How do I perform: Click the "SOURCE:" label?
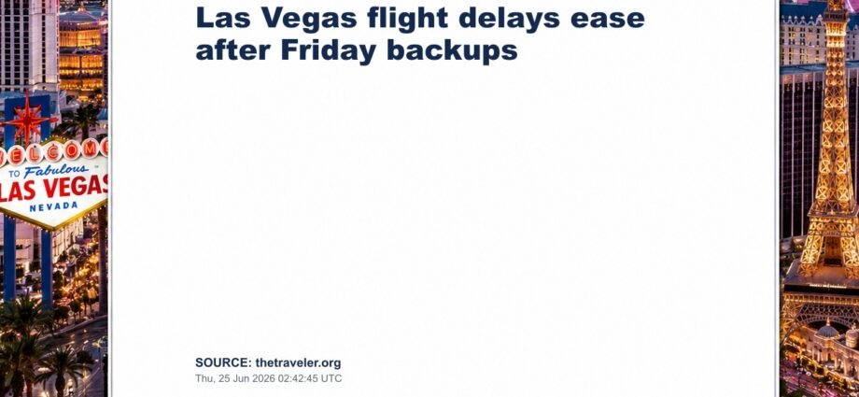[223, 363]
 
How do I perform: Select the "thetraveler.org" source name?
[298, 363]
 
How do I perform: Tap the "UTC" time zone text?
[334, 378]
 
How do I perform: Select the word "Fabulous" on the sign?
[55, 171]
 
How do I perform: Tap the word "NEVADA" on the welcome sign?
[54, 206]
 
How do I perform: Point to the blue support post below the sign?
[9, 258]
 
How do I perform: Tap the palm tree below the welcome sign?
[21, 340]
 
